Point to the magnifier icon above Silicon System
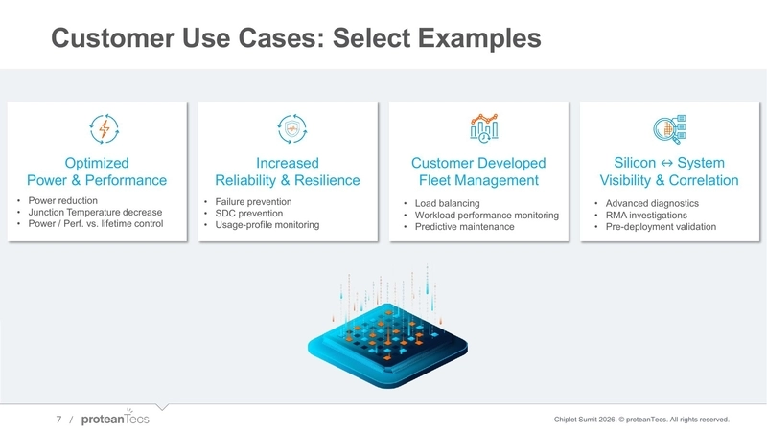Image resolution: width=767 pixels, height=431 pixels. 668,128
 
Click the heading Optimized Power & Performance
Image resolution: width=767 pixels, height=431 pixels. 97,171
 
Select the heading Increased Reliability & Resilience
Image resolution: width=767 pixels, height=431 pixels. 288,171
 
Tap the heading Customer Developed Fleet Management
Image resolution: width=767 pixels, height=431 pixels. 478,171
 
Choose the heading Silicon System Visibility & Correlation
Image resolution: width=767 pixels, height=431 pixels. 668,171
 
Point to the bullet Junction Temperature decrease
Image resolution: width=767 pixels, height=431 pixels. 96,213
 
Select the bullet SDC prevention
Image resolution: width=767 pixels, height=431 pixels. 250,214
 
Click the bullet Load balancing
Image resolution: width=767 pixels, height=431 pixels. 448,204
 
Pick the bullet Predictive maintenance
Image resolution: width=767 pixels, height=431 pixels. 465,227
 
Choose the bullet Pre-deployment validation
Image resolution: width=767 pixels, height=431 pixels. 661,227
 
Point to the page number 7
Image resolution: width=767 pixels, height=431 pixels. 58,420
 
